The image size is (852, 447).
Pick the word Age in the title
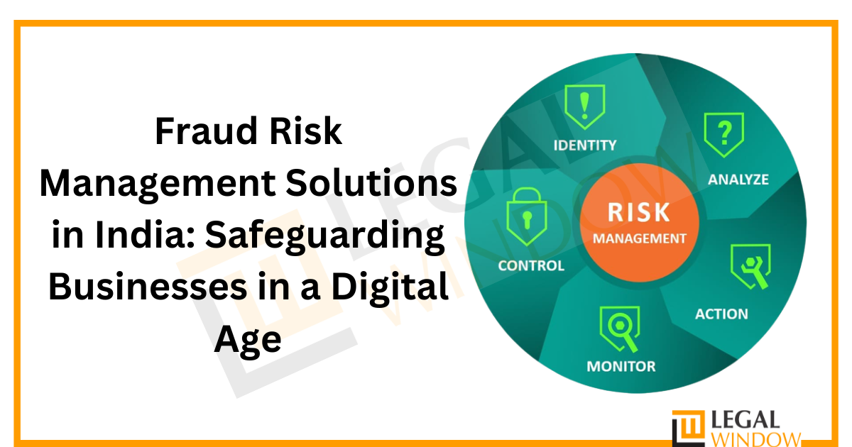coord(248,341)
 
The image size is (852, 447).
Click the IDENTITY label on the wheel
coord(585,145)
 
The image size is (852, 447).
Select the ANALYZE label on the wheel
coord(738,180)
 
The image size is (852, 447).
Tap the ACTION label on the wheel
coord(721,314)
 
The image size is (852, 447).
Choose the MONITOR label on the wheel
coord(621,367)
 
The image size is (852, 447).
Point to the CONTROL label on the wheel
coord(531,266)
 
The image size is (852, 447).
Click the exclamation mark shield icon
coord(584,106)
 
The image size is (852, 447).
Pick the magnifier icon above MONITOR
coord(620,327)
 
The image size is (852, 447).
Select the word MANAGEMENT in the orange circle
coord(639,238)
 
